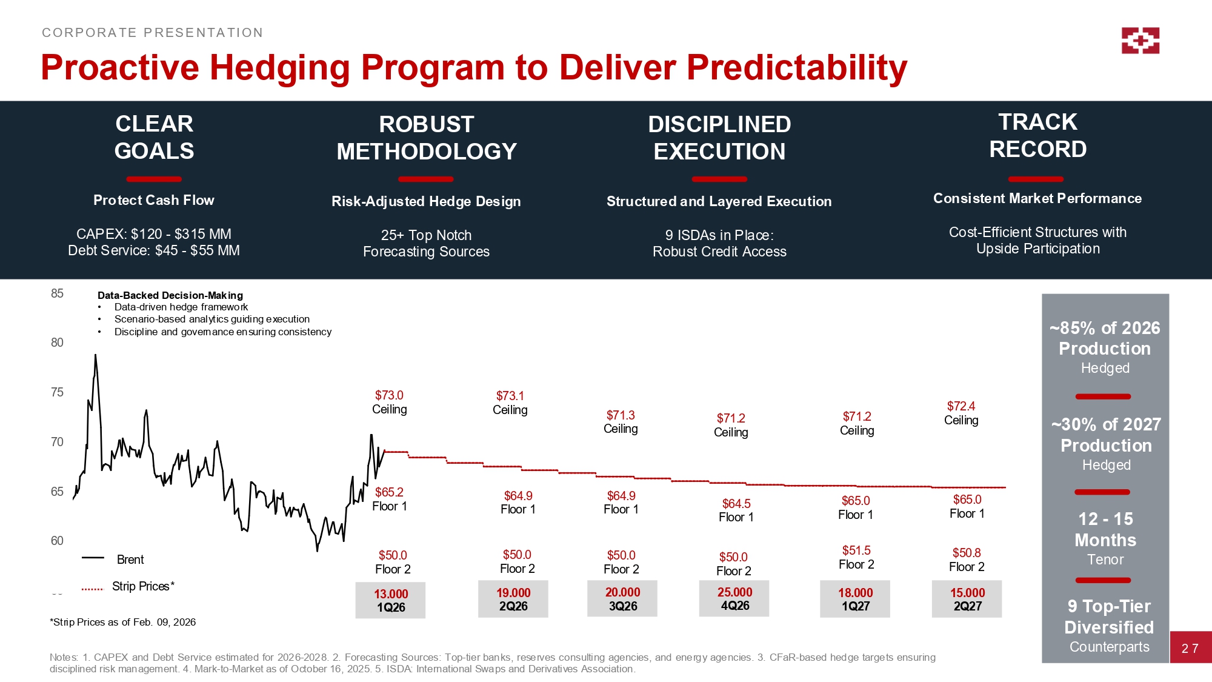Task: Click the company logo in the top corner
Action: tap(1140, 41)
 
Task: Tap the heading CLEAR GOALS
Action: tap(154, 137)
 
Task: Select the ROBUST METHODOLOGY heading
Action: tap(427, 138)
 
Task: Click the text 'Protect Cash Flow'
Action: tap(154, 200)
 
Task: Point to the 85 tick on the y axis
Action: tap(57, 293)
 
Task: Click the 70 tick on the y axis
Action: tap(57, 442)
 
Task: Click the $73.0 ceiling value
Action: tap(389, 395)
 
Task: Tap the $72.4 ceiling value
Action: tap(961, 406)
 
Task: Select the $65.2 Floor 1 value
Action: tap(389, 492)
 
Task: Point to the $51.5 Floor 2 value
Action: tap(856, 550)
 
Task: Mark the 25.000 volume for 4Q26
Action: tap(734, 592)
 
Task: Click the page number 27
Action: tap(1190, 649)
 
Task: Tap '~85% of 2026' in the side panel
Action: tap(1105, 328)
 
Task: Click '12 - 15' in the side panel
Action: tap(1105, 519)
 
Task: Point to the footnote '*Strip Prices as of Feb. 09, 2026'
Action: tap(122, 622)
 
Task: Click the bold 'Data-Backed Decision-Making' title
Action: tap(170, 295)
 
